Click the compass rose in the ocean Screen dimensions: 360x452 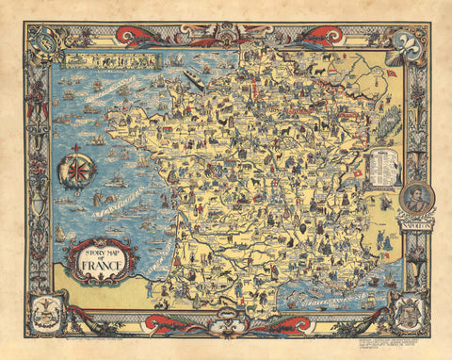[x=77, y=172]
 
